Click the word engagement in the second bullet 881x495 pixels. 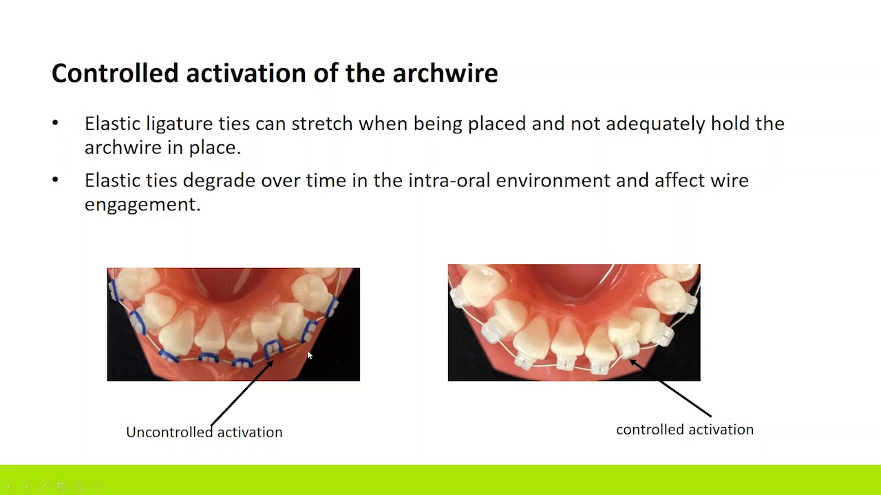point(142,205)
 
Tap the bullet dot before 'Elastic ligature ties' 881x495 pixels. point(56,123)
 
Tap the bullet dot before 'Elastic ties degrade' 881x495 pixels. point(56,179)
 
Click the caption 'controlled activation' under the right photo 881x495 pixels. point(684,430)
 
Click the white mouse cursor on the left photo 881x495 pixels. point(310,355)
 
